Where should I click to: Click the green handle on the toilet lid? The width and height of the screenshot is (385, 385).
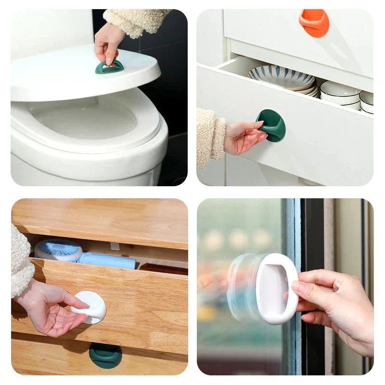click(109, 68)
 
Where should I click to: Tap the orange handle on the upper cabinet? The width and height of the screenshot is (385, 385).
click(314, 22)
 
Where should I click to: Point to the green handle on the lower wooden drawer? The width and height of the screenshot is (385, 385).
click(105, 355)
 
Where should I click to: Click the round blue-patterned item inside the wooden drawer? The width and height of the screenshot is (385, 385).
click(58, 250)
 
